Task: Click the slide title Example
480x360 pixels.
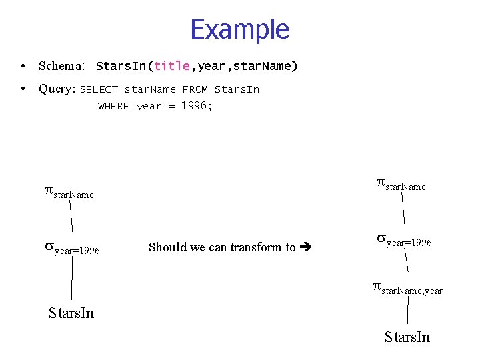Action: pos(239,30)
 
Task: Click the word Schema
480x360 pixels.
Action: pos(59,66)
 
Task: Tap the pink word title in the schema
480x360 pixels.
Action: pos(172,66)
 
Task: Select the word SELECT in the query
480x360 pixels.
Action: pos(99,89)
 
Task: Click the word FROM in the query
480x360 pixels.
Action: pos(195,89)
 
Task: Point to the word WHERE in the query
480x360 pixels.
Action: pos(113,106)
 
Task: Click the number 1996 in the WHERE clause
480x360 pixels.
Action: pos(194,105)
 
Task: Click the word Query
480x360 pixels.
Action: pos(57,89)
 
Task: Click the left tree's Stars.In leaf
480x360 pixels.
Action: pos(71,313)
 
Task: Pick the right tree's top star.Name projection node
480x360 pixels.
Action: pos(401,184)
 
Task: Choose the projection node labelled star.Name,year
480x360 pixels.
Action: pos(407,289)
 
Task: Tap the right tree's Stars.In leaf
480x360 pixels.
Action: pos(407,337)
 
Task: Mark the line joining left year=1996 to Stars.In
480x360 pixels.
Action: pos(71,280)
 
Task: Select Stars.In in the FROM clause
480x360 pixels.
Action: pos(237,89)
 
